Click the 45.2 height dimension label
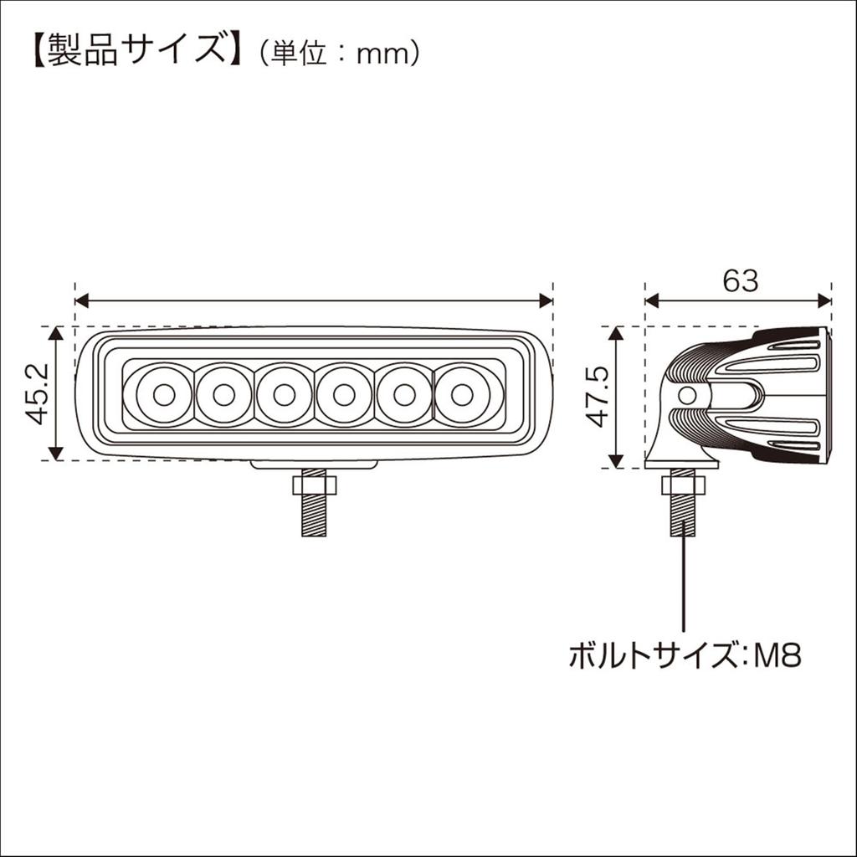tap(37, 393)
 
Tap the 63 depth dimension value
tap(740, 281)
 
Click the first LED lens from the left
tap(162, 394)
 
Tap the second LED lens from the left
tap(223, 394)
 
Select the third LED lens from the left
tap(284, 394)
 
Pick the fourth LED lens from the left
tap(344, 394)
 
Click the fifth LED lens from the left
tap(404, 394)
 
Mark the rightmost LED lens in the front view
tap(464, 394)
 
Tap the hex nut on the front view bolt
tap(314, 485)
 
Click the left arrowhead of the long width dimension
tap(81, 301)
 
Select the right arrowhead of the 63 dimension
tap(824, 301)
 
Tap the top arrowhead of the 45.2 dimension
tap(56, 332)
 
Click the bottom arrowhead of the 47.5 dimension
tap(616, 461)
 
